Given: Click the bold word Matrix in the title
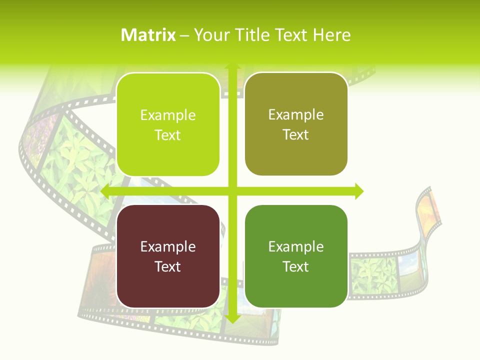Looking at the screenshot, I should [x=148, y=35].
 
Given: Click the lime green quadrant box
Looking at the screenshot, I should [x=168, y=124].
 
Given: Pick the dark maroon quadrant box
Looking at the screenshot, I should [x=168, y=256].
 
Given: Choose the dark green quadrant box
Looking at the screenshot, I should [x=296, y=256].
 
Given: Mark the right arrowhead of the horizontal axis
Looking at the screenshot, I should [x=358, y=191].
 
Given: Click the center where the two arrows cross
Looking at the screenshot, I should [x=232, y=191].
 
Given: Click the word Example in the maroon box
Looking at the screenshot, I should [x=168, y=246].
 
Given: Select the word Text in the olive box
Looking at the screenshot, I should [x=296, y=135].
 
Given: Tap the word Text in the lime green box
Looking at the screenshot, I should [x=168, y=135].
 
